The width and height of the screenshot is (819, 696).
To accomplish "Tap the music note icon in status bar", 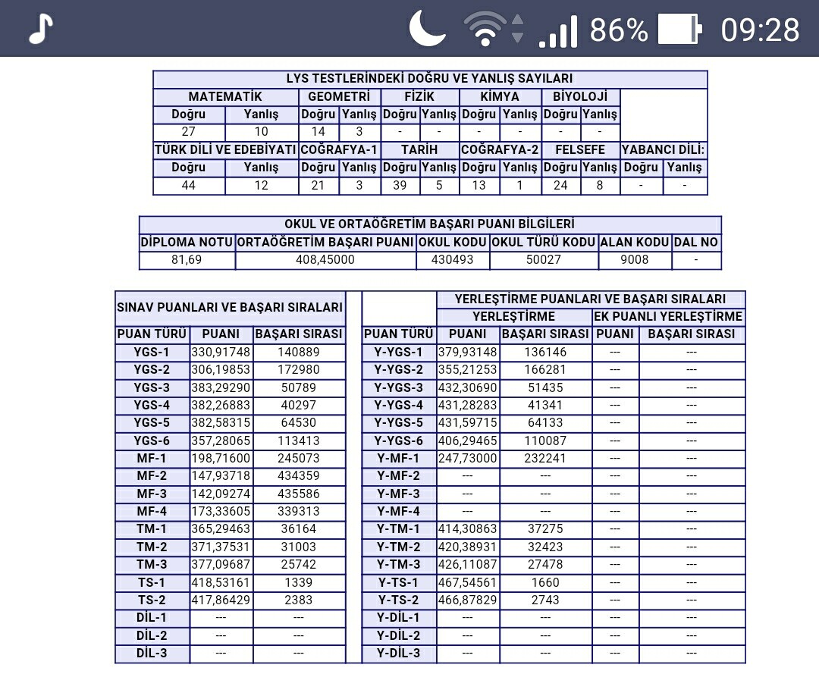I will [41, 30].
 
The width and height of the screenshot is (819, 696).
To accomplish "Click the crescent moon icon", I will [428, 29].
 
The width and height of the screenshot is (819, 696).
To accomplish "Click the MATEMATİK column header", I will [225, 97].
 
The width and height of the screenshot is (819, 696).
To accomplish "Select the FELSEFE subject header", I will [580, 150].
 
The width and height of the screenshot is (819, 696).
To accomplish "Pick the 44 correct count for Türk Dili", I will [189, 185].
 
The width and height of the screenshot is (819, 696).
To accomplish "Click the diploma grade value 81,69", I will [187, 260].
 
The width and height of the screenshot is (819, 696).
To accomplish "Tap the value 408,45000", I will [325, 260].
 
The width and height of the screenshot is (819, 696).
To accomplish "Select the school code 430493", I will [453, 260].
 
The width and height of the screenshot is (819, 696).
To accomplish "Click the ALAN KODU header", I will [635, 243].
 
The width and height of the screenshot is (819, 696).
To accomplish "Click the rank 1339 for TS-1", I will [298, 582].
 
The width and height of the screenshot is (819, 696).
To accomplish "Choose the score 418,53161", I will [221, 582].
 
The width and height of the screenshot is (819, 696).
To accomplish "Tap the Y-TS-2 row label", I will [399, 600].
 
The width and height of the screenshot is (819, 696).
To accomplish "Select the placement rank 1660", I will [545, 582].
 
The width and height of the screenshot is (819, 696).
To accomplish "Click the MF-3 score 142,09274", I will [221, 494].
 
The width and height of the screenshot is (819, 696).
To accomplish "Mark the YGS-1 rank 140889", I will [298, 352].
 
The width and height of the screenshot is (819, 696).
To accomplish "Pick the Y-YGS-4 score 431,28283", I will [468, 405].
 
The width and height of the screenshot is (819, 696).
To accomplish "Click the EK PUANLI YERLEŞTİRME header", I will [668, 316].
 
